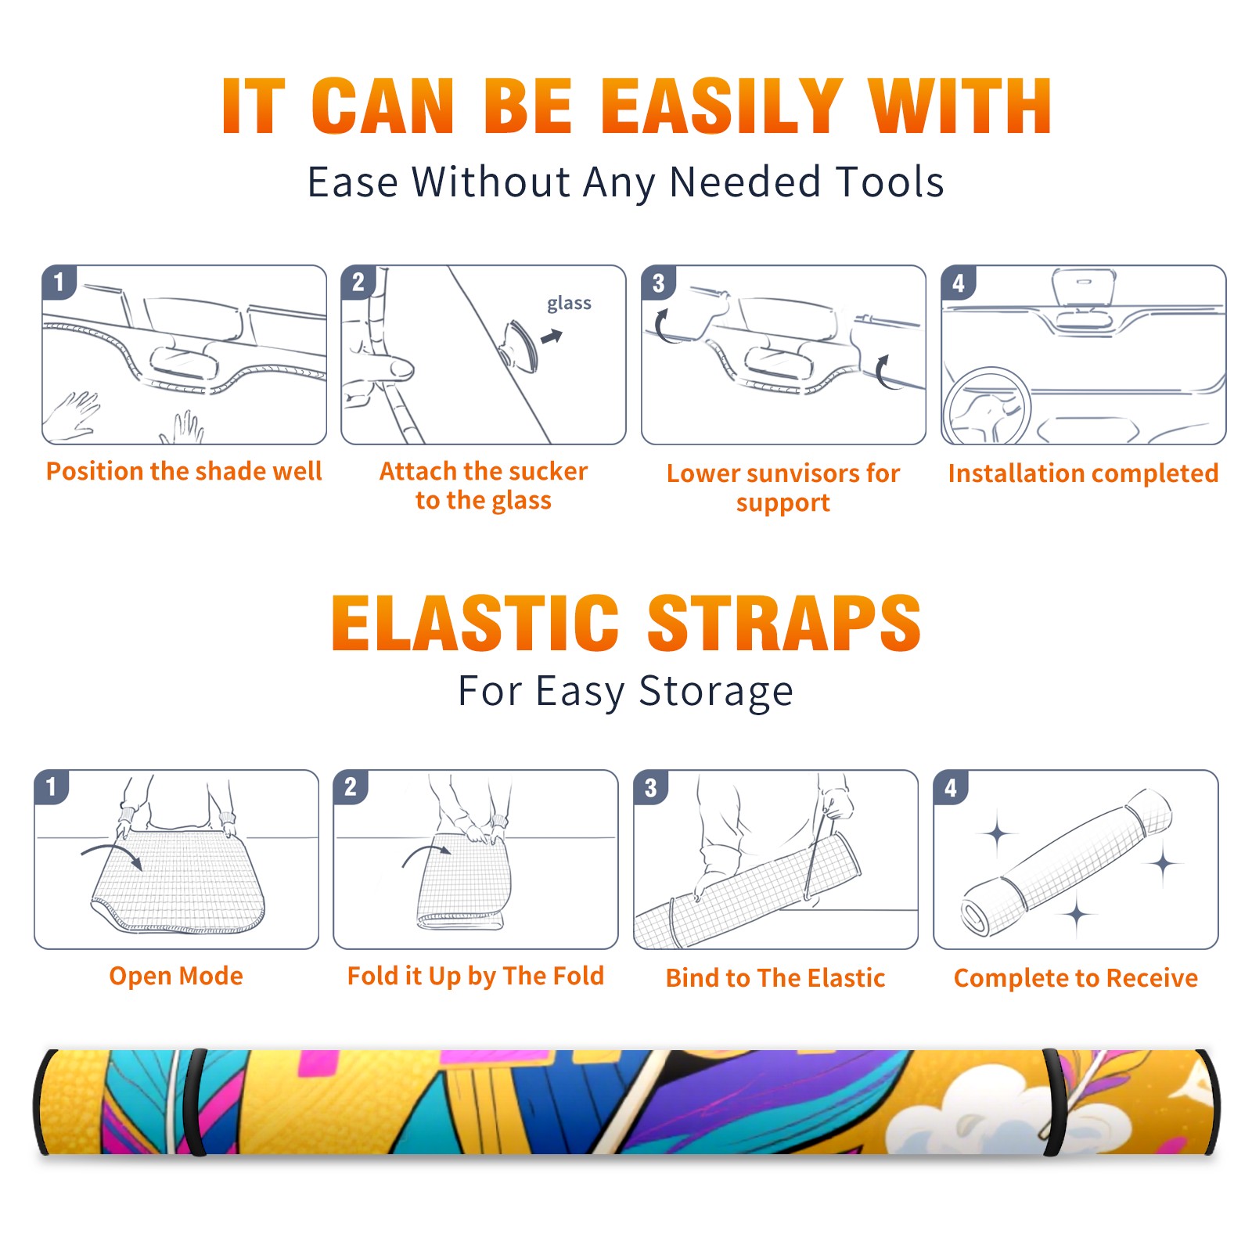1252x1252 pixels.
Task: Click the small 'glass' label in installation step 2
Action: click(569, 304)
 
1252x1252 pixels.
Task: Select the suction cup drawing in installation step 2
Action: click(520, 347)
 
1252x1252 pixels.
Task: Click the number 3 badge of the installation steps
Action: click(658, 282)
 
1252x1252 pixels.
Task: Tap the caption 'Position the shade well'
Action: click(184, 471)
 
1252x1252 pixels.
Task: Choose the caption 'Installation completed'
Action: click(1083, 473)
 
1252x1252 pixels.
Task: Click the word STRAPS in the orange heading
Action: click(784, 623)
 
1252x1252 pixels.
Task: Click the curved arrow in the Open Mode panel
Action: click(112, 854)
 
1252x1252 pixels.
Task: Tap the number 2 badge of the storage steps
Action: click(350, 786)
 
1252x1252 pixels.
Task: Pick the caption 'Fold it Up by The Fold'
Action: click(476, 976)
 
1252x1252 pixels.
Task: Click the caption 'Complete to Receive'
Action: click(1076, 978)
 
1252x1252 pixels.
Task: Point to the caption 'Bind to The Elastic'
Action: click(775, 978)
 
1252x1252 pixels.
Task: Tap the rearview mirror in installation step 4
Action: click(1084, 287)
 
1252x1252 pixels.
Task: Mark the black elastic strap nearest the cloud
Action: click(1053, 1102)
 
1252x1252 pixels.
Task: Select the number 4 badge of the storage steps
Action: click(951, 788)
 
